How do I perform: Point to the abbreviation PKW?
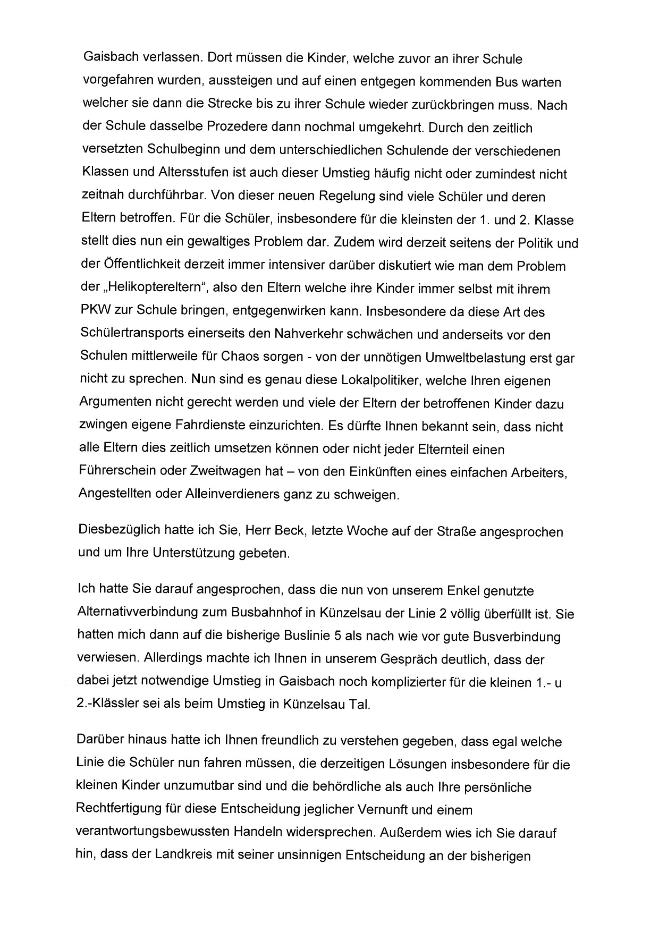(92, 312)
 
